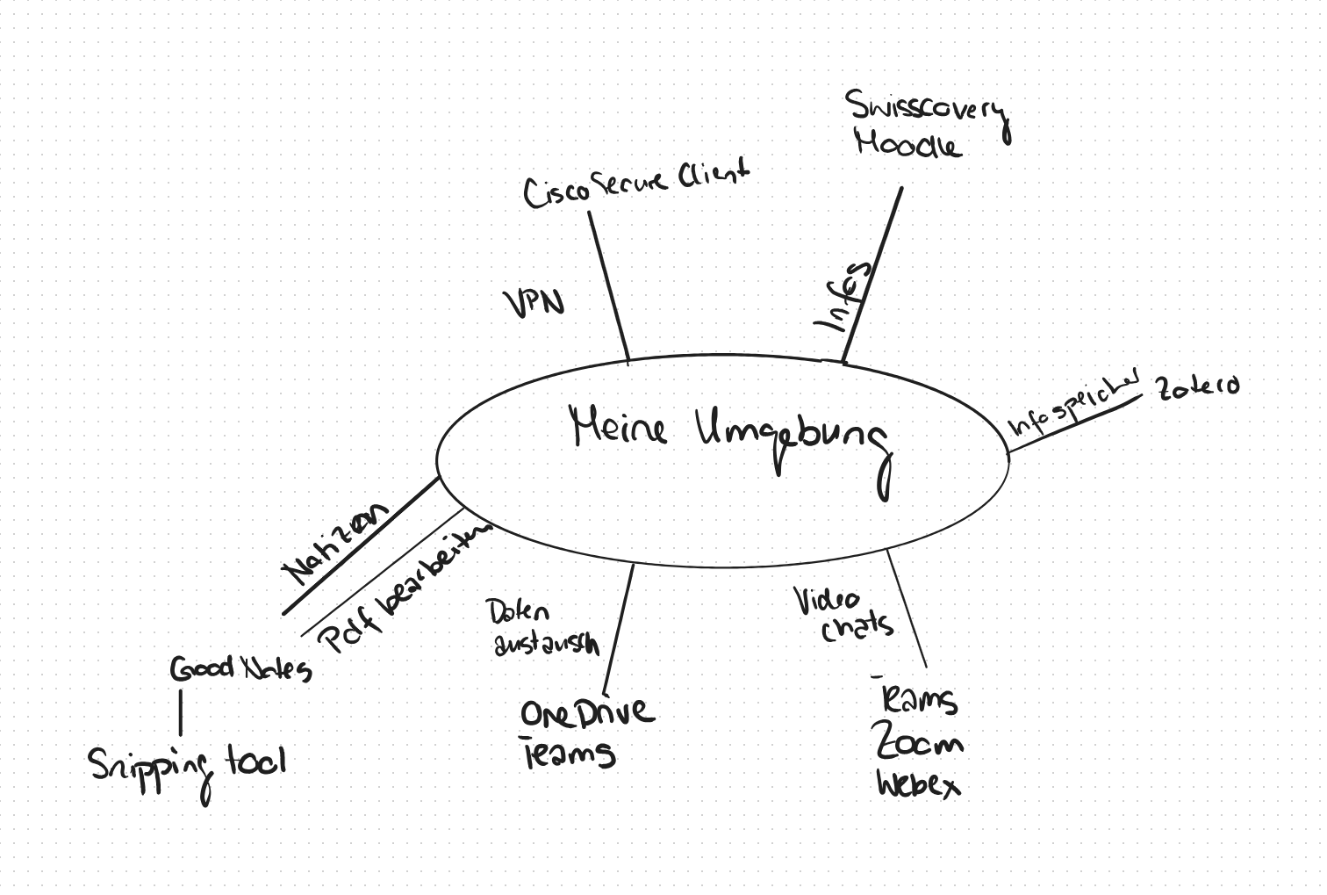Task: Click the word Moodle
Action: point(907,143)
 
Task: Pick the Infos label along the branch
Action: point(843,295)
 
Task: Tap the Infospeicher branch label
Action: point(1072,403)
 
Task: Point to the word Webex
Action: point(918,783)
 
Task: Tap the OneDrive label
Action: point(586,712)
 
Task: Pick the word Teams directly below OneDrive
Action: point(569,754)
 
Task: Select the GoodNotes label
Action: point(240,669)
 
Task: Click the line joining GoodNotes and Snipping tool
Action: point(181,712)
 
